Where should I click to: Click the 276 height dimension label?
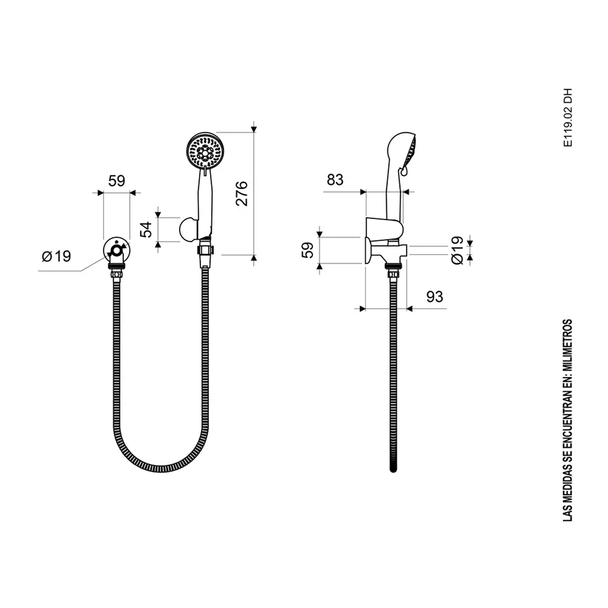click(x=241, y=193)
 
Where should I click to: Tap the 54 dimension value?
click(x=146, y=230)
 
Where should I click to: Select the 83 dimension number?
click(x=335, y=180)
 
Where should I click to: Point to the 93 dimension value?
click(x=434, y=297)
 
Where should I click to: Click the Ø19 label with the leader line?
click(x=56, y=256)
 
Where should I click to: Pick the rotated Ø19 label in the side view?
click(x=458, y=251)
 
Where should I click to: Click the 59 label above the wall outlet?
click(x=117, y=181)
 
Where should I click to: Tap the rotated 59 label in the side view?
click(x=307, y=251)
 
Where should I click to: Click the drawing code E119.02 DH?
click(x=567, y=118)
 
